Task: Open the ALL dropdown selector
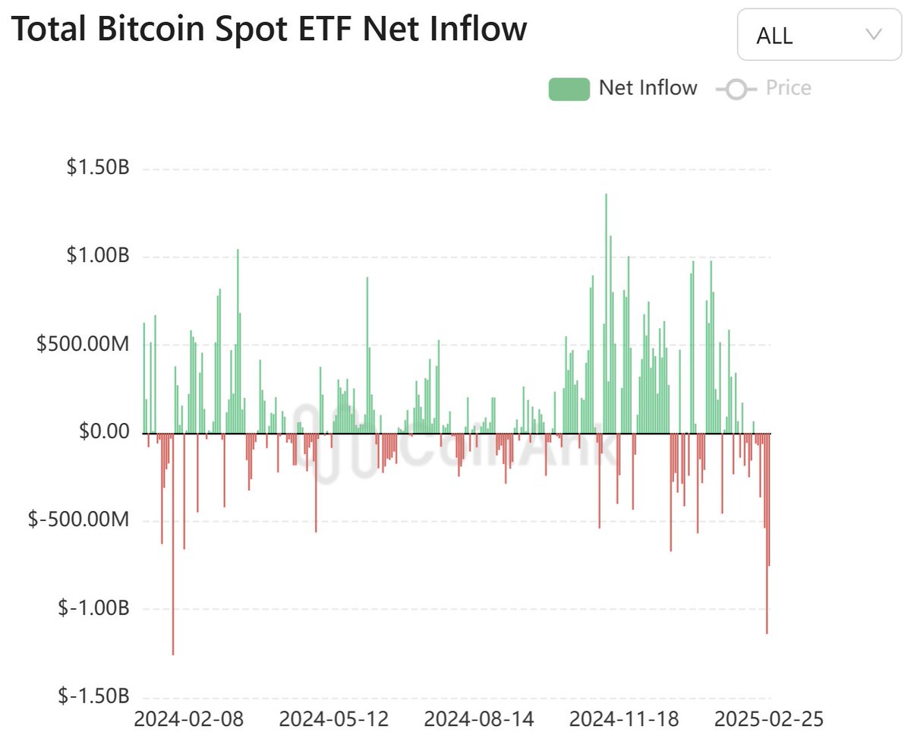[819, 35]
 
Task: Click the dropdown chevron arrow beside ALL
[873, 34]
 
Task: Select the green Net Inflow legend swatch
[569, 89]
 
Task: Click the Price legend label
[788, 88]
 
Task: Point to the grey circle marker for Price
[736, 90]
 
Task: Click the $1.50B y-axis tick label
[98, 168]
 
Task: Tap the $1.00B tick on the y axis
[98, 257]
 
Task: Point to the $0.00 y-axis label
[104, 433]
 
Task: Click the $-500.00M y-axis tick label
[79, 521]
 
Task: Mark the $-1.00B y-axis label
[93, 609]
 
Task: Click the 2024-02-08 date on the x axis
[189, 719]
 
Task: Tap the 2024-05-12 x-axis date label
[334, 719]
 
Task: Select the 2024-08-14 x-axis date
[479, 719]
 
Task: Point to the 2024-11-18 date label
[624, 719]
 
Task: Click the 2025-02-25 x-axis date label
[768, 719]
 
